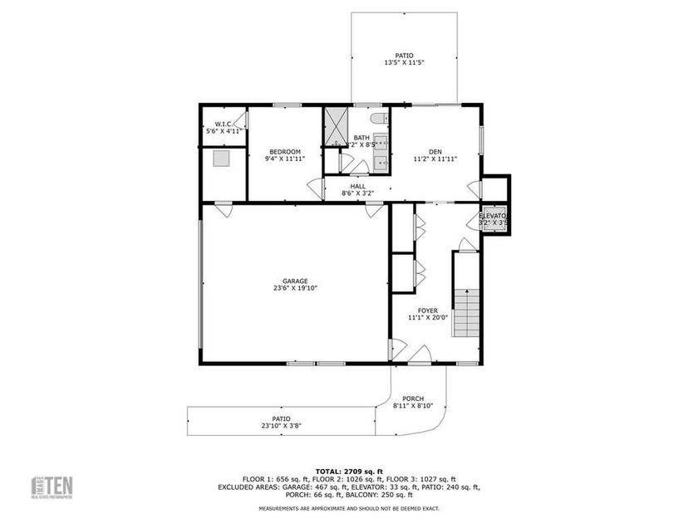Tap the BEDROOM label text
(284, 150)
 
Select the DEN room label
(435, 151)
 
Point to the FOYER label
(428, 310)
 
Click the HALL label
(358, 186)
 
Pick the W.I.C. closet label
(223, 125)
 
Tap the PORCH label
(413, 398)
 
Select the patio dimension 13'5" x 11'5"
(404, 63)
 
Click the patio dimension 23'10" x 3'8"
(282, 426)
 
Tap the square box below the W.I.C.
(222, 158)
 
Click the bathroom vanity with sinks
(381, 151)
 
